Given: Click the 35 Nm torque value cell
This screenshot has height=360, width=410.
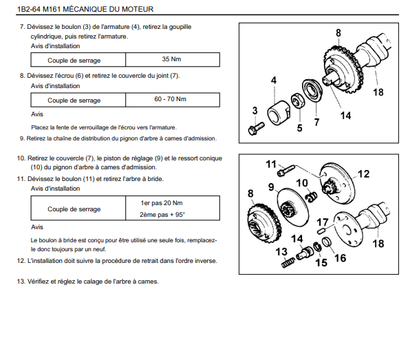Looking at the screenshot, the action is pos(173,59).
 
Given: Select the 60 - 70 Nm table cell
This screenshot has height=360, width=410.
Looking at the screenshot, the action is pos(173,99).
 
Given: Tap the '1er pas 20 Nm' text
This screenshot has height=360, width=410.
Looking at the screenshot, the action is pos(162,203).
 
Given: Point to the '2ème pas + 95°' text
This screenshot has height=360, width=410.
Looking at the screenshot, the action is pos(162,215).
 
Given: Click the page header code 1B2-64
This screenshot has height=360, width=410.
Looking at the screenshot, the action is pos(28,9).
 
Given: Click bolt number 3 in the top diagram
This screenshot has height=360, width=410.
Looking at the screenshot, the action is pos(256,129).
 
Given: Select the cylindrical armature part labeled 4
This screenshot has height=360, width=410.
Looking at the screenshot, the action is pos(279,112).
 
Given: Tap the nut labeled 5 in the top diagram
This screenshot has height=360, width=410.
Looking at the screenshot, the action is pos(298,101).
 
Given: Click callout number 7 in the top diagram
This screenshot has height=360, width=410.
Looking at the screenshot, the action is pos(316,123).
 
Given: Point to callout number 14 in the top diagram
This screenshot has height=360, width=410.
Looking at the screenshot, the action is pos(345,116).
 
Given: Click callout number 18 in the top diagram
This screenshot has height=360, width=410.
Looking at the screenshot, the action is pos(378,92).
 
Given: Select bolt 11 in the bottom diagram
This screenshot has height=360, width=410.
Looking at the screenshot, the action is pos(285,170).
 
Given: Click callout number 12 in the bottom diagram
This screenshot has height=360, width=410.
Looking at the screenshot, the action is pos(363,174).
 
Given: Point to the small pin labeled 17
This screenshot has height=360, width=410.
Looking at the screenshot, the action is pos(322,231).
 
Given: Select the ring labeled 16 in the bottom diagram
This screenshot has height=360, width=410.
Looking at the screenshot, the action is pos(327,242).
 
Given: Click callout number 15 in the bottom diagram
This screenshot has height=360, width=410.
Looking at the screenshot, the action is pos(321,262).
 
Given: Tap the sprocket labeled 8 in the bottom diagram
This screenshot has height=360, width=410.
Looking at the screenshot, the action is pos(264,222).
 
